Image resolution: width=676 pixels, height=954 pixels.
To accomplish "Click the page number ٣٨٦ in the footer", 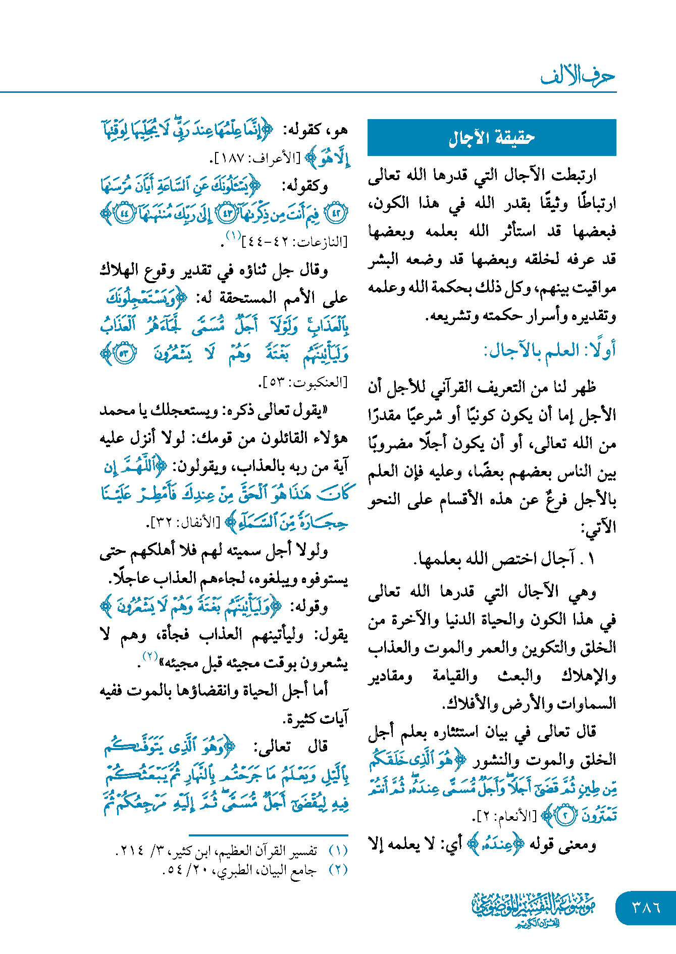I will (646, 907).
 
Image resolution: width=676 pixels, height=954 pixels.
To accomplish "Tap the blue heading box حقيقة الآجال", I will (492, 137).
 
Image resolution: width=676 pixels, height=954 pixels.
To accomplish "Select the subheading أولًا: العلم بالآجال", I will (550, 350).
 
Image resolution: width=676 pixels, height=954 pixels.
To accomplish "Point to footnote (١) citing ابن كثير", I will (232, 851).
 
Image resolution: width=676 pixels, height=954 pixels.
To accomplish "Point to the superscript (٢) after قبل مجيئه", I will (150, 656).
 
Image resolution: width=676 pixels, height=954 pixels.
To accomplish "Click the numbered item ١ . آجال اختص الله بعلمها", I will (505, 558).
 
